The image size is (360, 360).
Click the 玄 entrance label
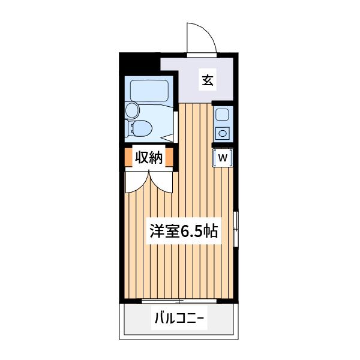coord(208,80)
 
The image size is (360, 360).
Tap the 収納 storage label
coord(149,157)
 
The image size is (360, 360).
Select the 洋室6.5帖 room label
coord(184,231)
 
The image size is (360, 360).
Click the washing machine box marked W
coord(223,158)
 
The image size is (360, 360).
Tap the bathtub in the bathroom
coord(149,91)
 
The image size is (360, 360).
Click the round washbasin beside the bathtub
coord(133,110)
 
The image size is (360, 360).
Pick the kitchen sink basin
coord(222,114)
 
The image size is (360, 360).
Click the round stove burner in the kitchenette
coord(222,133)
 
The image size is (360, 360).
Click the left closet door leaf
coord(137,182)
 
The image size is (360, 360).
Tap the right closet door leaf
coord(161,182)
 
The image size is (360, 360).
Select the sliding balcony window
coord(179,301)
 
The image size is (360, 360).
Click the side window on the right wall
coord(236,229)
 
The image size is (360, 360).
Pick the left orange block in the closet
coord(128,157)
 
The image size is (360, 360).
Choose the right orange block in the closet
coord(169,157)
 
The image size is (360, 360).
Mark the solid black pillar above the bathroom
coord(140,64)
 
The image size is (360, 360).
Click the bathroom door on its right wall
coord(176,127)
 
